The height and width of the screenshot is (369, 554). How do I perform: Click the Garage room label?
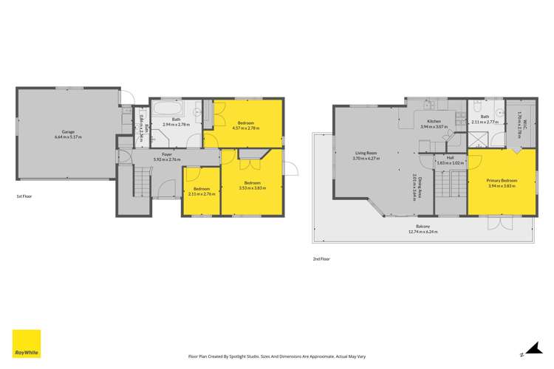(67, 133)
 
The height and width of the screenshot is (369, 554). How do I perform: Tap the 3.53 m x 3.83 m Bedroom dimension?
(253, 187)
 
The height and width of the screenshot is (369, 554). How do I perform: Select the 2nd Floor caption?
(322, 258)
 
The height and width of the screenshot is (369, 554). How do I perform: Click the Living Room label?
(366, 154)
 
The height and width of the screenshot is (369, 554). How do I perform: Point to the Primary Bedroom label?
(502, 180)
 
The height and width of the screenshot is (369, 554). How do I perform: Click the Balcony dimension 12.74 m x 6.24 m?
(423, 232)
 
